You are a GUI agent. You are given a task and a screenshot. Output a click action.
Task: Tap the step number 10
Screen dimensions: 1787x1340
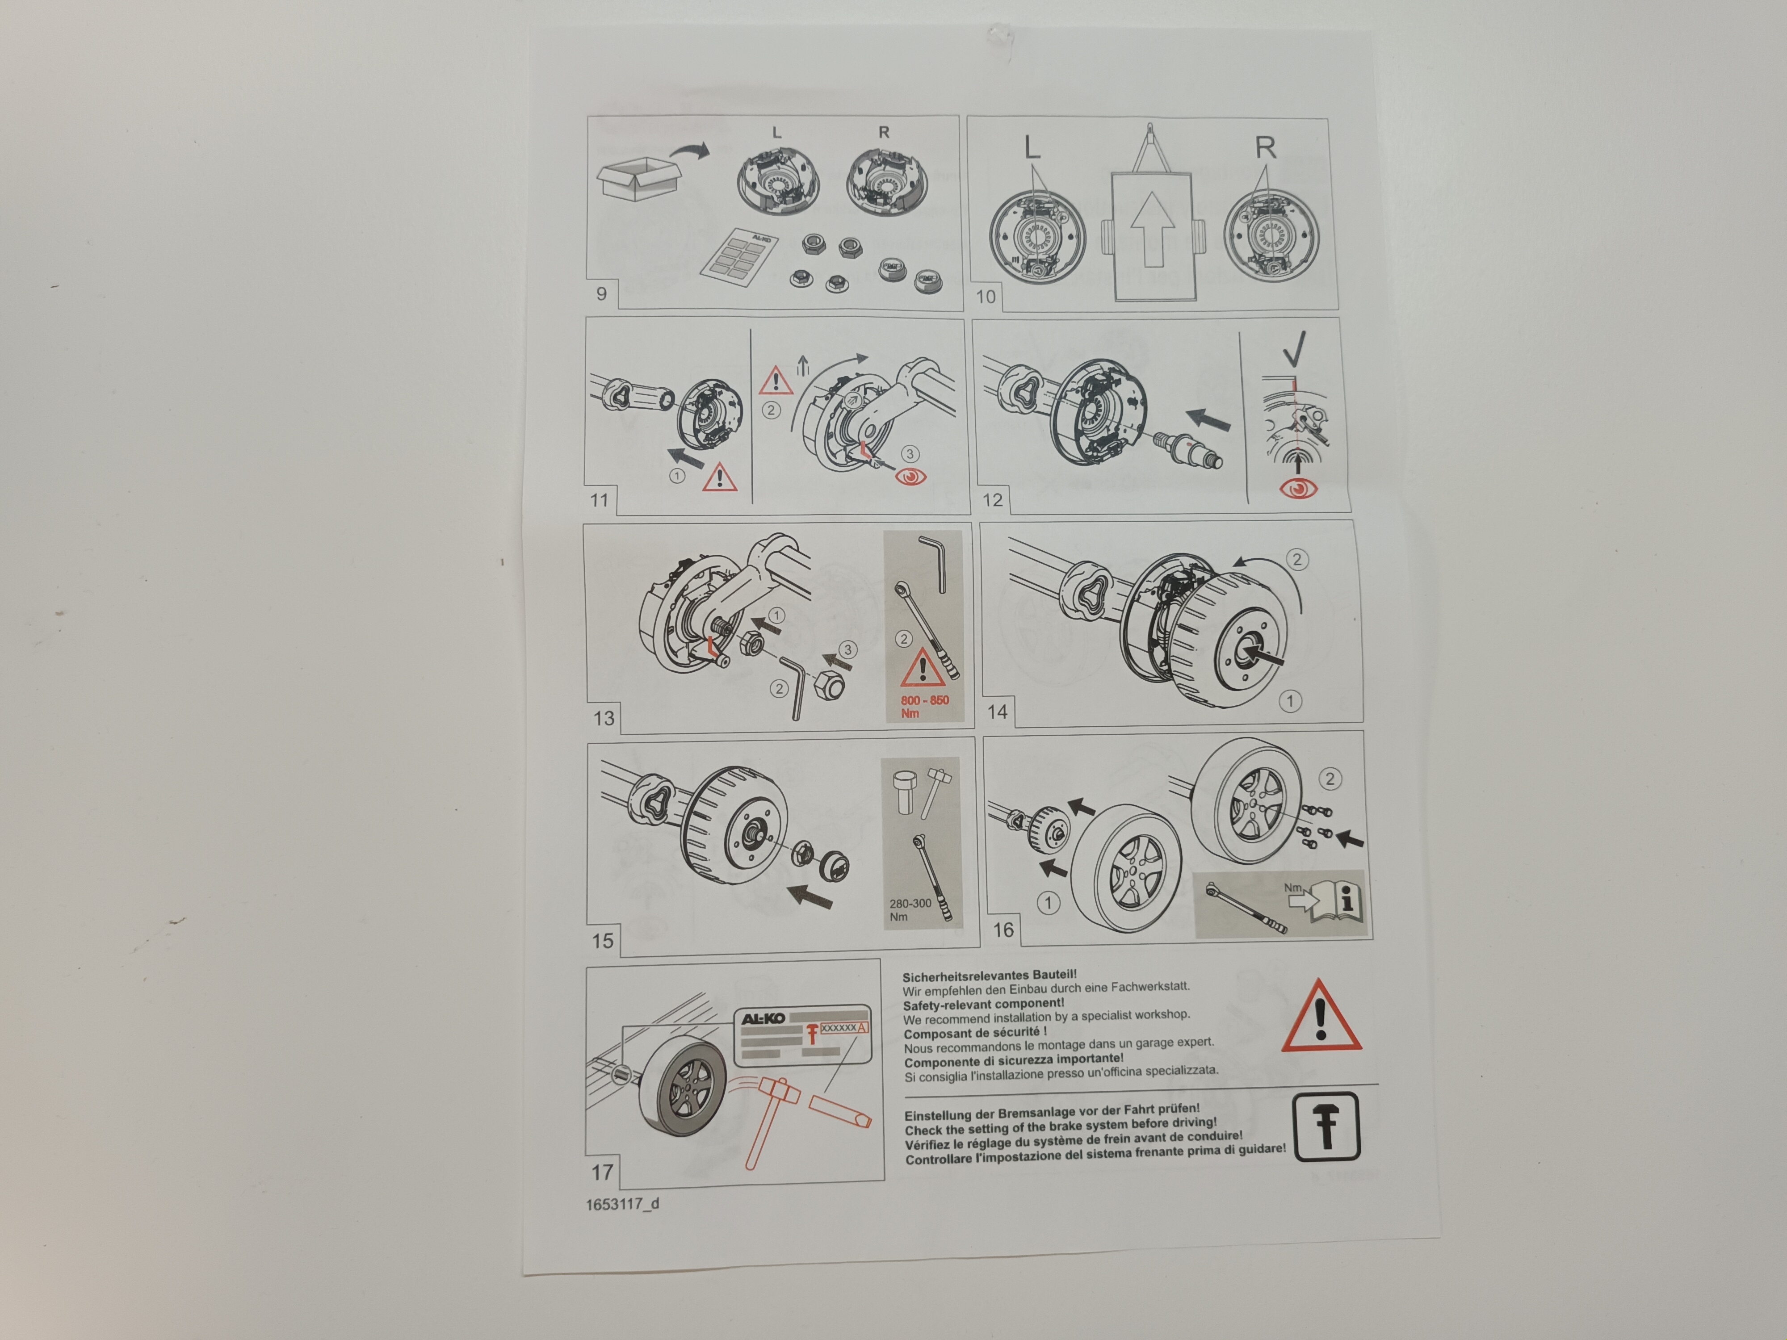click(x=986, y=297)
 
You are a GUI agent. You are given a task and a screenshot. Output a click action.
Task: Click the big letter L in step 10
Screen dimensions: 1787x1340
click(x=1032, y=147)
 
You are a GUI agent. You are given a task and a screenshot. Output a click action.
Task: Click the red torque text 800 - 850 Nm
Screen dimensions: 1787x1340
click(x=924, y=706)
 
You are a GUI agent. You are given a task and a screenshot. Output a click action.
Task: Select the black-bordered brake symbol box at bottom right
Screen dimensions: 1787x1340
click(x=1326, y=1127)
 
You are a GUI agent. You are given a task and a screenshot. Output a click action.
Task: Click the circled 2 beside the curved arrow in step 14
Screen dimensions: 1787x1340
click(x=1296, y=559)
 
